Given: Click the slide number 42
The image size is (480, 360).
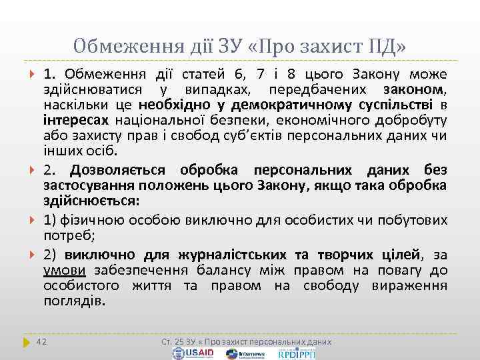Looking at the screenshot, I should pos(42,341).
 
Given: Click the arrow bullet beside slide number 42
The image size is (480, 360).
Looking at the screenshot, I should pos(27,341).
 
